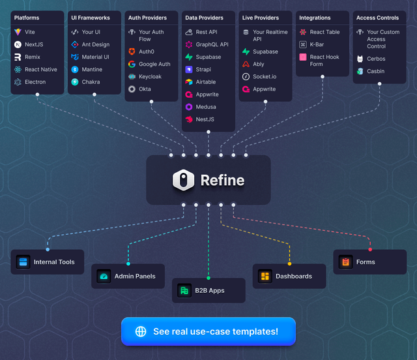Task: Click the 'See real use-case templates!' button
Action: tap(208, 331)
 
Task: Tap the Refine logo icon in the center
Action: tap(184, 181)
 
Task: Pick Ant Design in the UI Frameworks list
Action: tap(95, 44)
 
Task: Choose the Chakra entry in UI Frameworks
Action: tap(91, 82)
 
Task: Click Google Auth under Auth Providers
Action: tap(154, 64)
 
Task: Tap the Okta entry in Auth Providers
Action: tap(145, 89)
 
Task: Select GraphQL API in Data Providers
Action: tap(212, 44)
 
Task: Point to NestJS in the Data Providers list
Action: tap(205, 119)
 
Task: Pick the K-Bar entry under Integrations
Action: tap(316, 44)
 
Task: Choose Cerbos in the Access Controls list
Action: tap(375, 59)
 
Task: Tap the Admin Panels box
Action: tap(128, 276)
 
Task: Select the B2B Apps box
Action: tap(208, 290)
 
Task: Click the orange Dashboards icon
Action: tap(265, 277)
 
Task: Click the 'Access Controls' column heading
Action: tap(377, 18)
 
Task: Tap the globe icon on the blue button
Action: tap(141, 331)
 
